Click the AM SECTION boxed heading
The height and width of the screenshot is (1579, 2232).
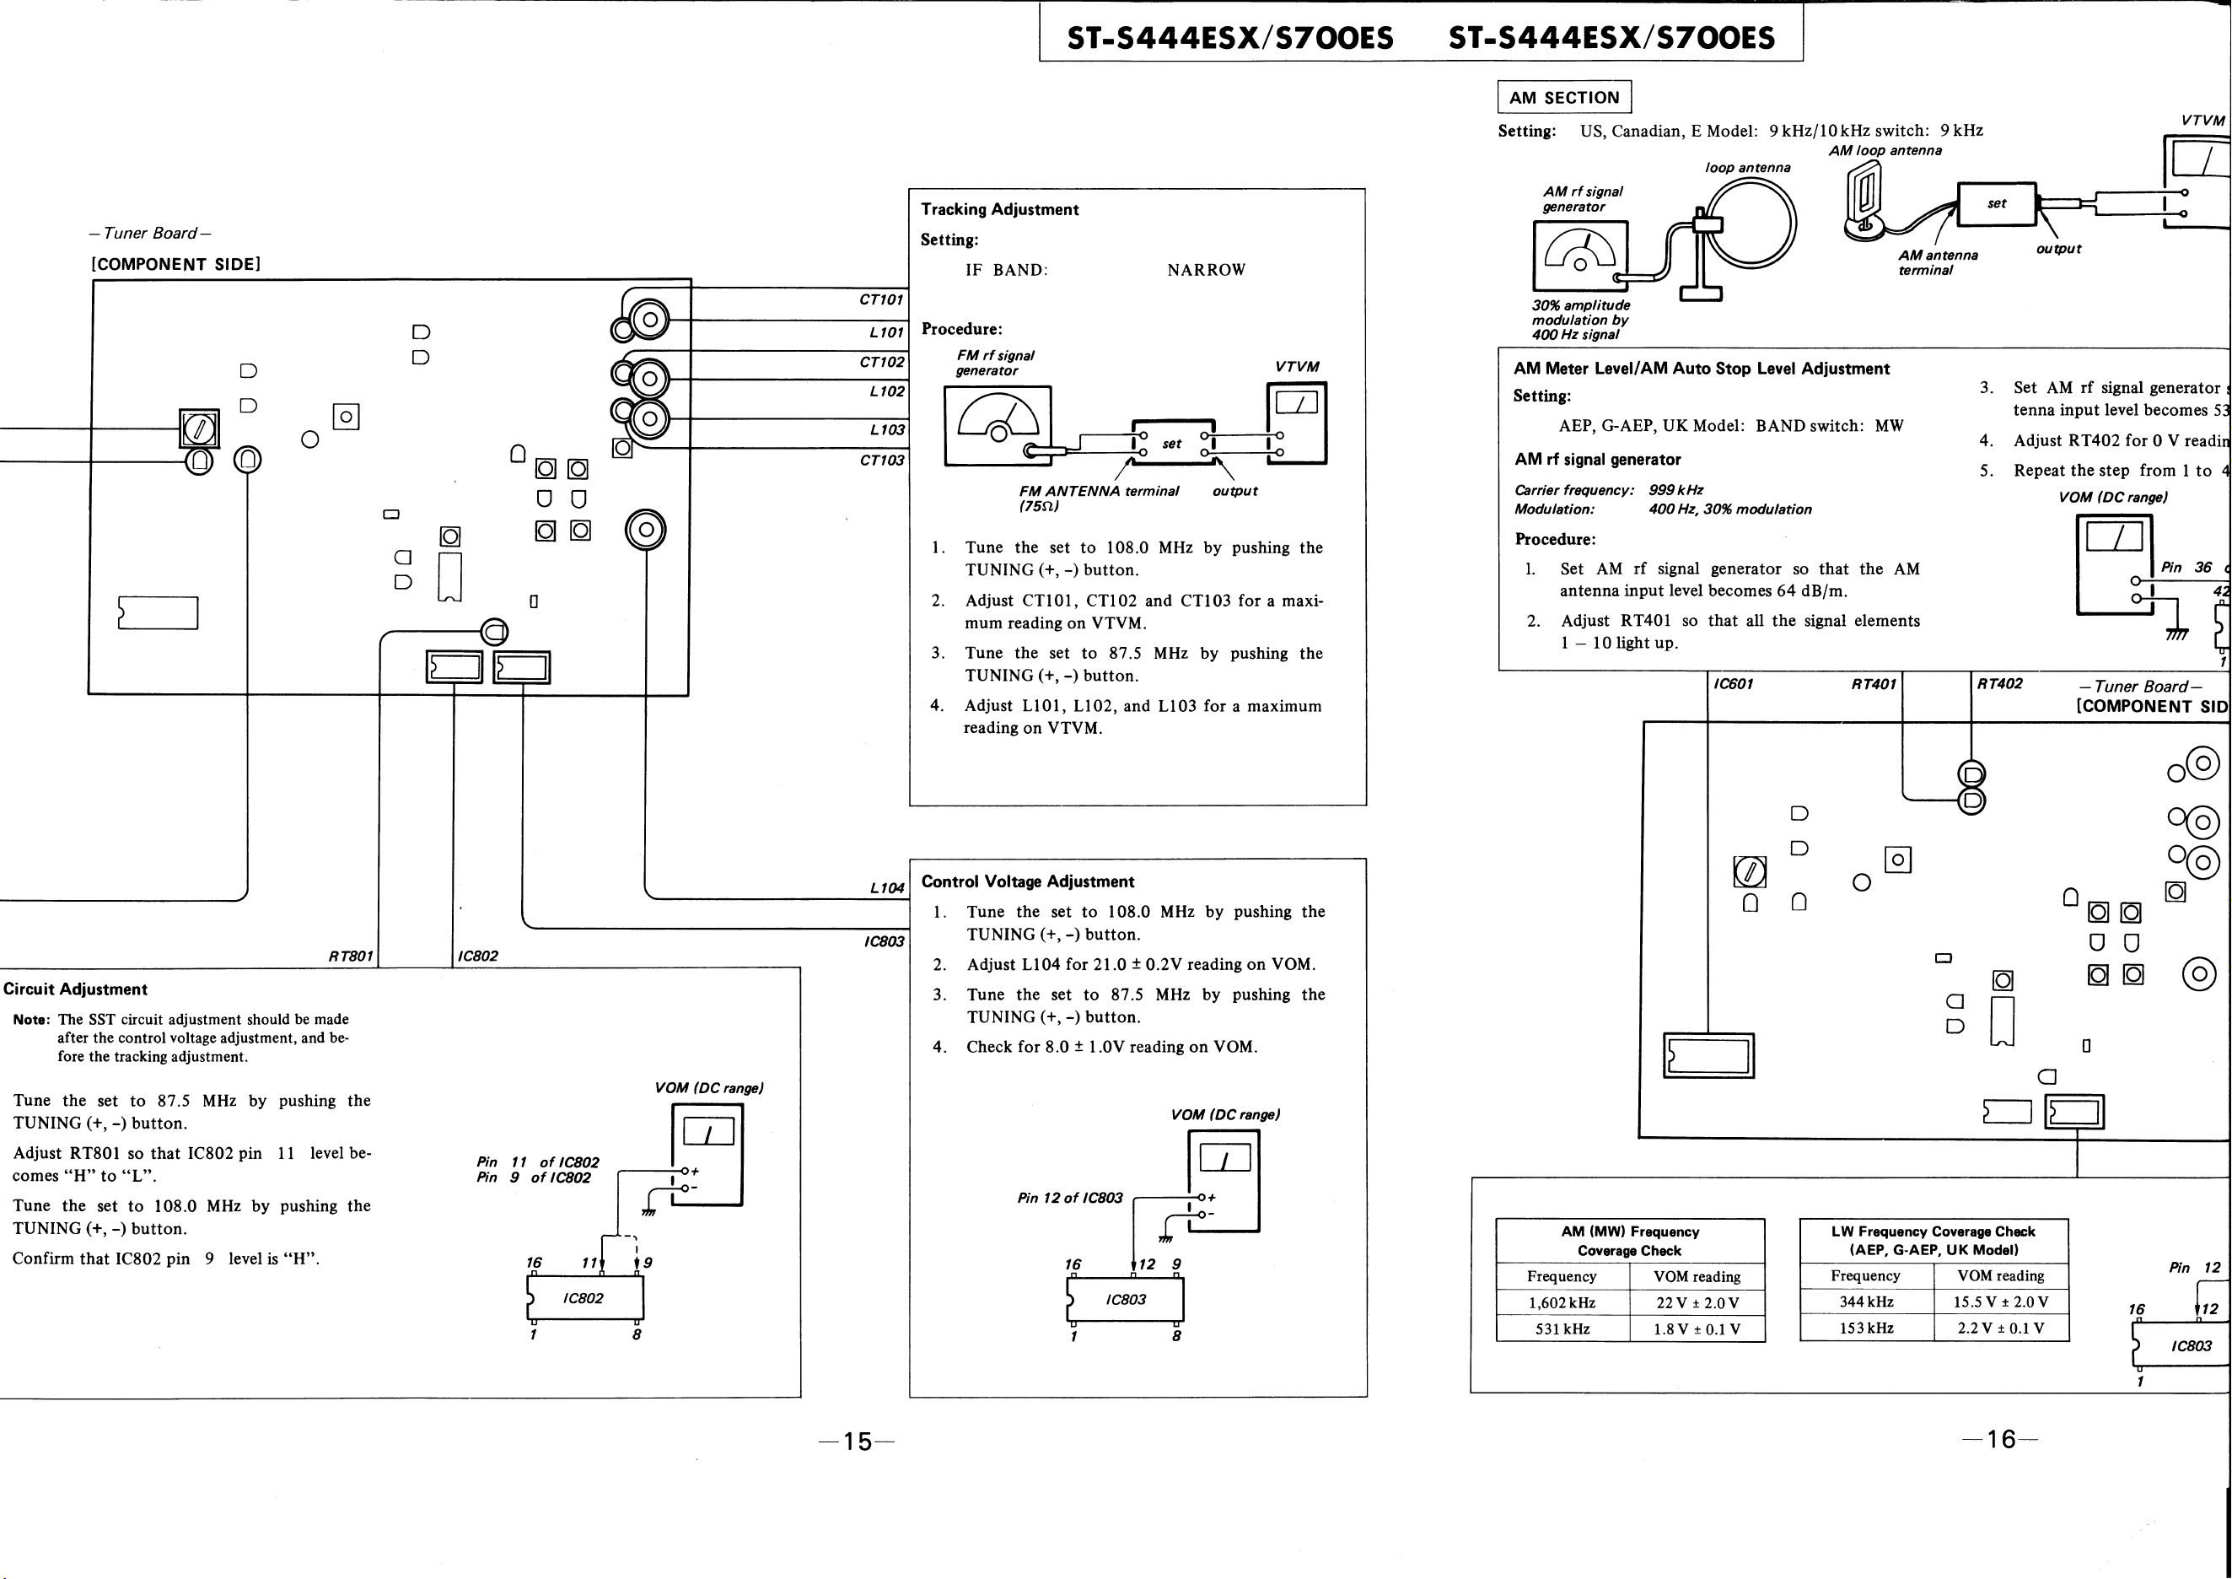tap(1564, 97)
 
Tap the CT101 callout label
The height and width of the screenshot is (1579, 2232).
tap(881, 299)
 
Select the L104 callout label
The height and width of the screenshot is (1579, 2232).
tap(886, 887)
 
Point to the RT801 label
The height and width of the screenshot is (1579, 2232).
tap(351, 956)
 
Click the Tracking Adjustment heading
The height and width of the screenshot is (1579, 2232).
tap(999, 209)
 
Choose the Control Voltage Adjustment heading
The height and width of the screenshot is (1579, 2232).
tap(1028, 881)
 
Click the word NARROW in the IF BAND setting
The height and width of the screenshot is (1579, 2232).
tap(1207, 269)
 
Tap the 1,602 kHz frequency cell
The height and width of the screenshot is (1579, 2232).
tap(1562, 1303)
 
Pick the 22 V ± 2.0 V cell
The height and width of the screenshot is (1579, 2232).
tap(1697, 1303)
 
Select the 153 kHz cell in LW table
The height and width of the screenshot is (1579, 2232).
tap(1865, 1328)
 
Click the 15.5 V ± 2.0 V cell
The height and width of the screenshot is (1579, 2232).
tap(2001, 1301)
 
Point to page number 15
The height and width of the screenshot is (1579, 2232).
tap(857, 1441)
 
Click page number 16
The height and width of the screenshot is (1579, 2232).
tap(2001, 1439)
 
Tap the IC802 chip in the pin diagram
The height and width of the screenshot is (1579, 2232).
tap(584, 1298)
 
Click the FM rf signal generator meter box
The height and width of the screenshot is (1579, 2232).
tap(998, 426)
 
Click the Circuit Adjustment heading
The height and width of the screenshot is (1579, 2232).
tap(75, 989)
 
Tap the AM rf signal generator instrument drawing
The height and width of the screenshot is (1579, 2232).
tap(1581, 256)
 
